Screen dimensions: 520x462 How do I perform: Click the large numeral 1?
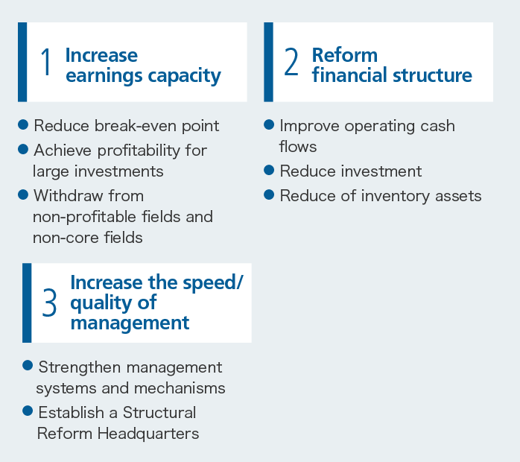point(45,62)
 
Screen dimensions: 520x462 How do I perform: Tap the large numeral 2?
point(291,62)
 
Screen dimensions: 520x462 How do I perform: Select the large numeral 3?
point(49,303)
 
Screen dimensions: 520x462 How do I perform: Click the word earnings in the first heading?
point(104,76)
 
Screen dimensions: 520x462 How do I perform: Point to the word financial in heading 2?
point(349,75)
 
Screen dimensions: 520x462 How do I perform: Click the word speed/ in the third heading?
point(213,283)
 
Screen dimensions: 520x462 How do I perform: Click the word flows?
point(298,147)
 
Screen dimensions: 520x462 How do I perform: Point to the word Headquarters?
point(148,434)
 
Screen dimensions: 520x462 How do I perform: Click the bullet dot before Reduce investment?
point(269,170)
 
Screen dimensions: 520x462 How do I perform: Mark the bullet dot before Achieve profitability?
point(23,149)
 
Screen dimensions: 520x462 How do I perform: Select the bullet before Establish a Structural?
point(28,411)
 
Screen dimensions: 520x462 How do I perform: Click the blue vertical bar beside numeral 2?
point(269,62)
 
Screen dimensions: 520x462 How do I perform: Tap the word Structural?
point(159,413)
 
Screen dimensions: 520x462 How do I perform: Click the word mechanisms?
point(180,388)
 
